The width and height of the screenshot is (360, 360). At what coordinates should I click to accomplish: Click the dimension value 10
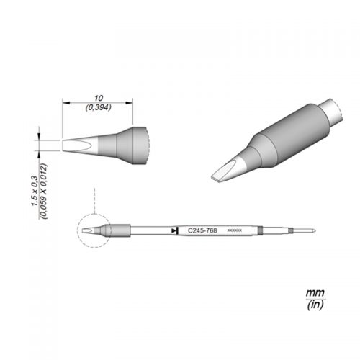[x=99, y=98]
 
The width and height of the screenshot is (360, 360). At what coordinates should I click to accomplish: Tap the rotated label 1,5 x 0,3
[x=35, y=191]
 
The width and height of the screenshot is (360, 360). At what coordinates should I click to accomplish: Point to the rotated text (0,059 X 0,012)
[x=45, y=191]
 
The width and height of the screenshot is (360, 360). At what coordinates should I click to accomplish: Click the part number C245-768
[x=202, y=230]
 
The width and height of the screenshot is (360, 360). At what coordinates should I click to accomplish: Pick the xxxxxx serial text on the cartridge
[x=235, y=230]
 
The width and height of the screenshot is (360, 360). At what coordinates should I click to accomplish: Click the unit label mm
[x=315, y=293]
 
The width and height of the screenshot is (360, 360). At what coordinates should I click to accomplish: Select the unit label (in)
[x=315, y=305]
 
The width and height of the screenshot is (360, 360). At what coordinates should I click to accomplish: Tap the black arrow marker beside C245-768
[x=174, y=230]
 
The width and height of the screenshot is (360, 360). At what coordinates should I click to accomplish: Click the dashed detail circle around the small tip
[x=78, y=231]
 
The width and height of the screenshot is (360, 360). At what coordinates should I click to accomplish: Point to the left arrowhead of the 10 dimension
[x=66, y=103]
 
